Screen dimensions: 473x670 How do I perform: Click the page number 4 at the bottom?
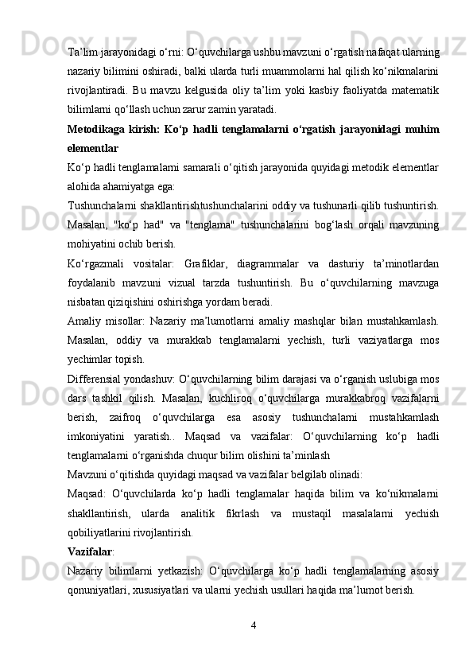pyautogui.click(x=253, y=623)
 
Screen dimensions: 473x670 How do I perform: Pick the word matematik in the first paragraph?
pyautogui.click(x=409, y=92)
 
